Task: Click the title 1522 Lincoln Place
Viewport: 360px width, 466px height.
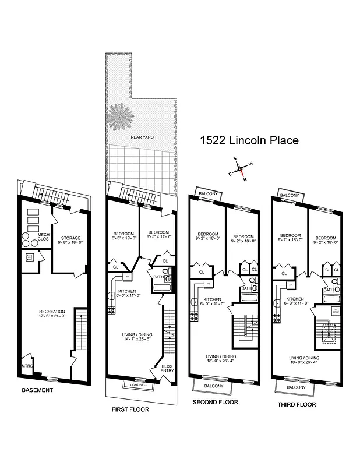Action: click(x=249, y=140)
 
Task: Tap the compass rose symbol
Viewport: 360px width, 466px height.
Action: click(x=239, y=169)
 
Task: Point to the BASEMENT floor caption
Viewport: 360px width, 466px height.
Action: click(x=37, y=390)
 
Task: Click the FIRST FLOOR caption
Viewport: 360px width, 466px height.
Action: click(x=130, y=409)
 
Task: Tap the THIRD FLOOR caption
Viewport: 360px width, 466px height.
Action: click(x=297, y=404)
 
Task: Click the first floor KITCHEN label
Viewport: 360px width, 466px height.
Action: click(x=127, y=291)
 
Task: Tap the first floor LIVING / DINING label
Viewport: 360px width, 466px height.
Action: click(x=135, y=335)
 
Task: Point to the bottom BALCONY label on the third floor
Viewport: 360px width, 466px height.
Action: click(x=297, y=387)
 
